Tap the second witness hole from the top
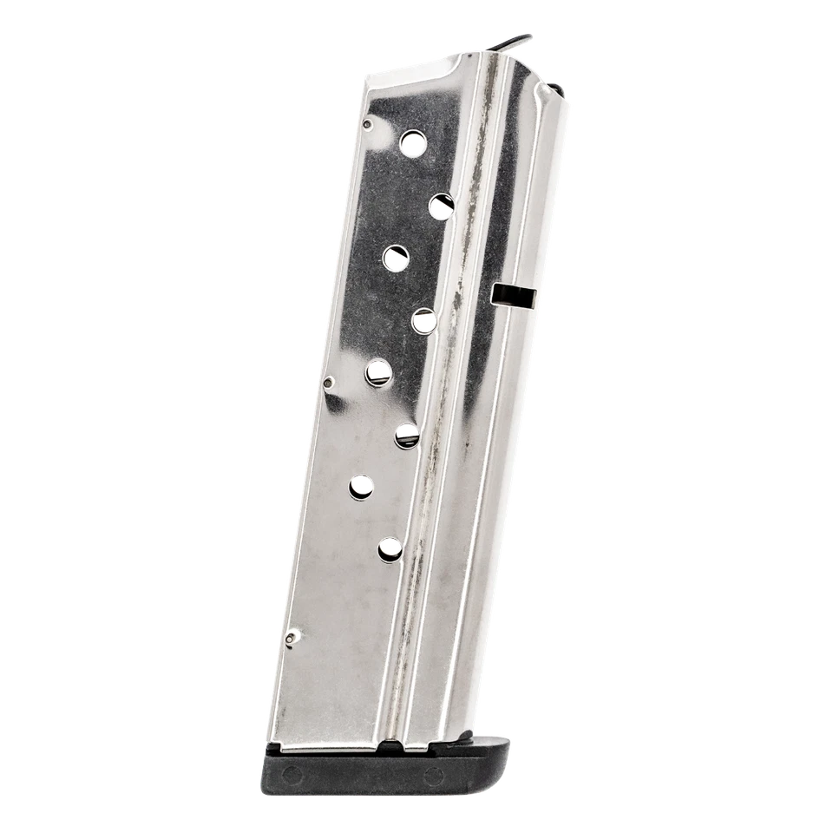pos(442,203)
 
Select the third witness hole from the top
pos(396,255)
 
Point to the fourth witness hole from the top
pos(423,320)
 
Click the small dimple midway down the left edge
pos(328,379)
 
